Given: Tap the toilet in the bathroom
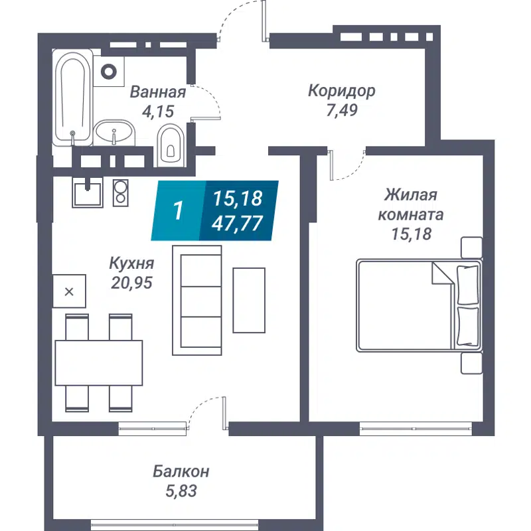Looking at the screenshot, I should [x=170, y=144].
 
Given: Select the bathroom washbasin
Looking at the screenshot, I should [x=114, y=132].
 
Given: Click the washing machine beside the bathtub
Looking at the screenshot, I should [x=111, y=70].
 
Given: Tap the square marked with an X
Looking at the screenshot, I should [x=70, y=291].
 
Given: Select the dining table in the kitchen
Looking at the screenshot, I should [x=98, y=362].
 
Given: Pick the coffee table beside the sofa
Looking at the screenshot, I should [x=249, y=300].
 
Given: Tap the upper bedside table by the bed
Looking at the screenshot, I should [x=471, y=247].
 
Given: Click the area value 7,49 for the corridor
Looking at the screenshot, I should [x=341, y=111].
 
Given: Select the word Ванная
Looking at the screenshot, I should [x=157, y=92].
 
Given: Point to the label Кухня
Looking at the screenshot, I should [x=132, y=263].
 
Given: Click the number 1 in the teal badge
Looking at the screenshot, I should [x=177, y=210].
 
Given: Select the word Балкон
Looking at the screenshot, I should [x=181, y=471].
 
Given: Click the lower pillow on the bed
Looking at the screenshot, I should [x=468, y=326].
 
